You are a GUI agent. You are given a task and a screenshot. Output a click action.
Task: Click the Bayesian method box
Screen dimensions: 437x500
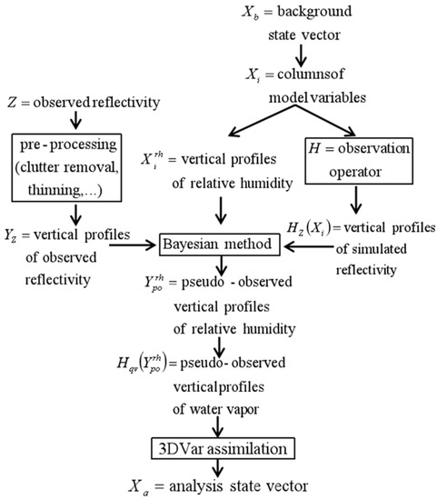click(x=220, y=245)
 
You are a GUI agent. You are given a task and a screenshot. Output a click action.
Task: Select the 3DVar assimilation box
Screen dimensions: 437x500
click(x=223, y=449)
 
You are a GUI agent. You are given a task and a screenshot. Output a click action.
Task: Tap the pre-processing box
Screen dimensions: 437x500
click(x=66, y=168)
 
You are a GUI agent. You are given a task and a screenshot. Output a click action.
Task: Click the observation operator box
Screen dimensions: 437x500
click(x=359, y=161)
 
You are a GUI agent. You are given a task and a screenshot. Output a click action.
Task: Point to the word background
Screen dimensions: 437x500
click(x=314, y=12)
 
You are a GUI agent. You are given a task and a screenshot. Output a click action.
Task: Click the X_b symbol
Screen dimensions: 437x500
click(x=250, y=13)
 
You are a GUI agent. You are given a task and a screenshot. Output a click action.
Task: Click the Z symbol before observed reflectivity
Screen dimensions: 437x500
click(x=12, y=103)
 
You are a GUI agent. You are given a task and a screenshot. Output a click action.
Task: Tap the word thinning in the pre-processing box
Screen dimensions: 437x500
click(x=54, y=190)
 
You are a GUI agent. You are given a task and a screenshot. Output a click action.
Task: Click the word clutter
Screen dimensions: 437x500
click(x=40, y=167)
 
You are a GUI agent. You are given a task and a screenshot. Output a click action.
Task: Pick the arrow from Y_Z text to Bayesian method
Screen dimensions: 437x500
click(x=132, y=245)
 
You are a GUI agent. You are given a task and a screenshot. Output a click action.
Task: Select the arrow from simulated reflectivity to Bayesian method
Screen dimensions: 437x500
click(x=309, y=246)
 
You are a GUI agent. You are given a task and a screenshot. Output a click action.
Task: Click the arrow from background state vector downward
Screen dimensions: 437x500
click(x=301, y=55)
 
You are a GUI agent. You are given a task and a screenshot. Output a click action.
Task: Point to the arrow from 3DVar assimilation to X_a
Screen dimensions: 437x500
click(x=218, y=468)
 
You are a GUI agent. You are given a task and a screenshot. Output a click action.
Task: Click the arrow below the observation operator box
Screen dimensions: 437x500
click(x=356, y=200)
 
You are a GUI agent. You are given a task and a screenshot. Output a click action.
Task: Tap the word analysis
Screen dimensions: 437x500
click(x=195, y=486)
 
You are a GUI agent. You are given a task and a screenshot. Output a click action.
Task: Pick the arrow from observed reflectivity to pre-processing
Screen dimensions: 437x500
click(x=75, y=120)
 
